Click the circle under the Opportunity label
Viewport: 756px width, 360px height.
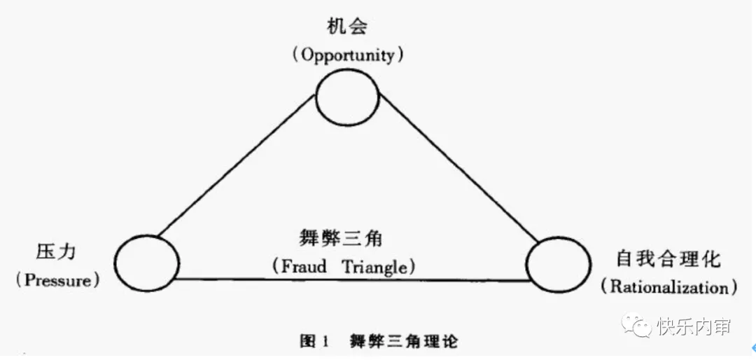pos(348,97)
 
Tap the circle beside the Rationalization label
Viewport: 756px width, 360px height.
pos(558,265)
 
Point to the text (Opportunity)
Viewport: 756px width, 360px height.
pos(348,55)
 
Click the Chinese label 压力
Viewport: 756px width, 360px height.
pos(57,254)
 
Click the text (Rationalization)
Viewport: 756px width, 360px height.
pos(669,286)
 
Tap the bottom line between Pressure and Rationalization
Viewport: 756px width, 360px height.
pos(350,279)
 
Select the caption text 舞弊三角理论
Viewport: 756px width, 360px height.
pos(405,341)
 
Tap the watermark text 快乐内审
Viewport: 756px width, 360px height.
pos(694,326)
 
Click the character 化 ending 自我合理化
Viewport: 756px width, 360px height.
pos(710,260)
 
